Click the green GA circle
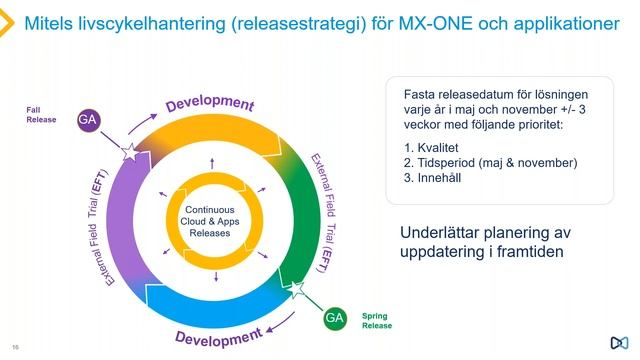[x=335, y=319]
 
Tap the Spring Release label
[x=377, y=320]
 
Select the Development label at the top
[x=210, y=103]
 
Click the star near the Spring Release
[x=295, y=290]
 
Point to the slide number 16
[x=15, y=347]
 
